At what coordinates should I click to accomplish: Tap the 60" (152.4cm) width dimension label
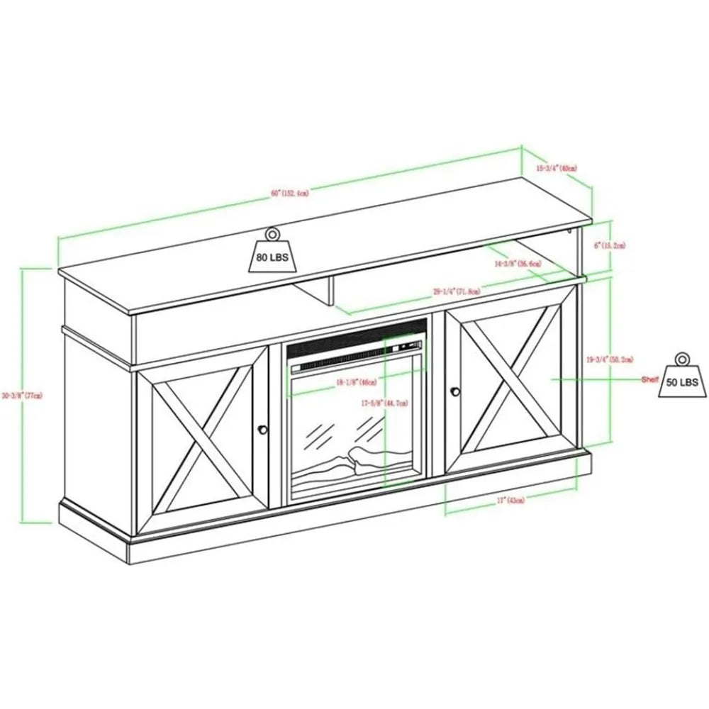pos(289,192)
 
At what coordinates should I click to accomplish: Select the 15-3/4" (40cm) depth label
pos(557,168)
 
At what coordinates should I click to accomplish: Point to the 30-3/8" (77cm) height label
pos(34,395)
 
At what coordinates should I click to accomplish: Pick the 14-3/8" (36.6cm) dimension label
pos(520,263)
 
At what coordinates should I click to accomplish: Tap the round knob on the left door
pos(263,429)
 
